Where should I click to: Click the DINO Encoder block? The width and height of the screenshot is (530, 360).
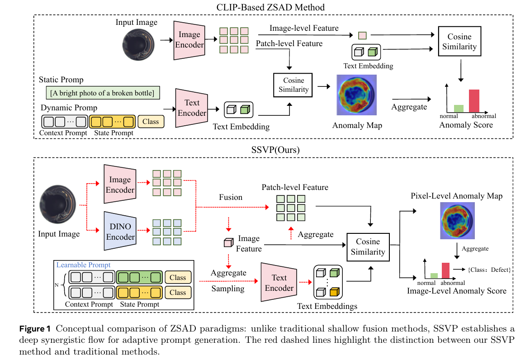[120, 230]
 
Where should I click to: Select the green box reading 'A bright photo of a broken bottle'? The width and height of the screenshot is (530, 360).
[103, 93]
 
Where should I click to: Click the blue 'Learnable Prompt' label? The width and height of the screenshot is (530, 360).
[83, 265]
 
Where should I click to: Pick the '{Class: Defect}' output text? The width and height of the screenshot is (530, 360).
[489, 270]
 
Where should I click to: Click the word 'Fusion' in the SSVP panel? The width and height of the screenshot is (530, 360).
[231, 197]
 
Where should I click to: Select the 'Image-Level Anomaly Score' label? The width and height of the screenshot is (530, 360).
[457, 291]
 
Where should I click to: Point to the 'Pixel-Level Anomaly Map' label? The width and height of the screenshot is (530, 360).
[456, 196]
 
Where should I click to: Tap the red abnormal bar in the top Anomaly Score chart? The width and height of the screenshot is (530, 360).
[474, 100]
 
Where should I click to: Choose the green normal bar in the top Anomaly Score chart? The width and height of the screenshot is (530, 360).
[459, 108]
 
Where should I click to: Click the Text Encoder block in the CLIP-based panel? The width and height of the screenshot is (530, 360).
[192, 108]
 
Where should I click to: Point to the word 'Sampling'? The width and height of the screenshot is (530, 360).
[228, 289]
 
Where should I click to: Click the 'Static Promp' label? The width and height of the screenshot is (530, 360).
[61, 80]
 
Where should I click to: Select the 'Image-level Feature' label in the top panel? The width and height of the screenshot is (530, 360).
[304, 28]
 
